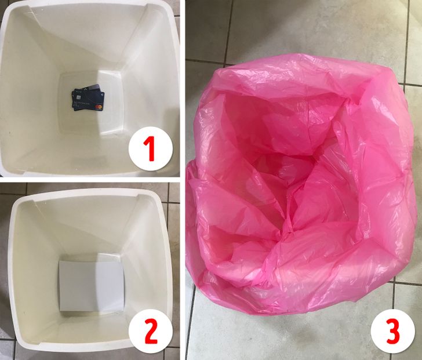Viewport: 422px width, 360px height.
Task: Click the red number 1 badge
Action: [x=151, y=148]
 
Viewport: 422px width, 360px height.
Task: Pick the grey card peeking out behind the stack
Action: [x=94, y=88]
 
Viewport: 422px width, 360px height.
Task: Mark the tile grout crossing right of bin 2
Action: [x=169, y=203]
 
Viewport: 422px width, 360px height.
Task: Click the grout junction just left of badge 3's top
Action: [x=394, y=281]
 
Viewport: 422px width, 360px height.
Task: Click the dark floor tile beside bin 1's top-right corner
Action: [x=176, y=8]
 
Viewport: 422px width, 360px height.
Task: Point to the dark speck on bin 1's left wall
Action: [x=10, y=132]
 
